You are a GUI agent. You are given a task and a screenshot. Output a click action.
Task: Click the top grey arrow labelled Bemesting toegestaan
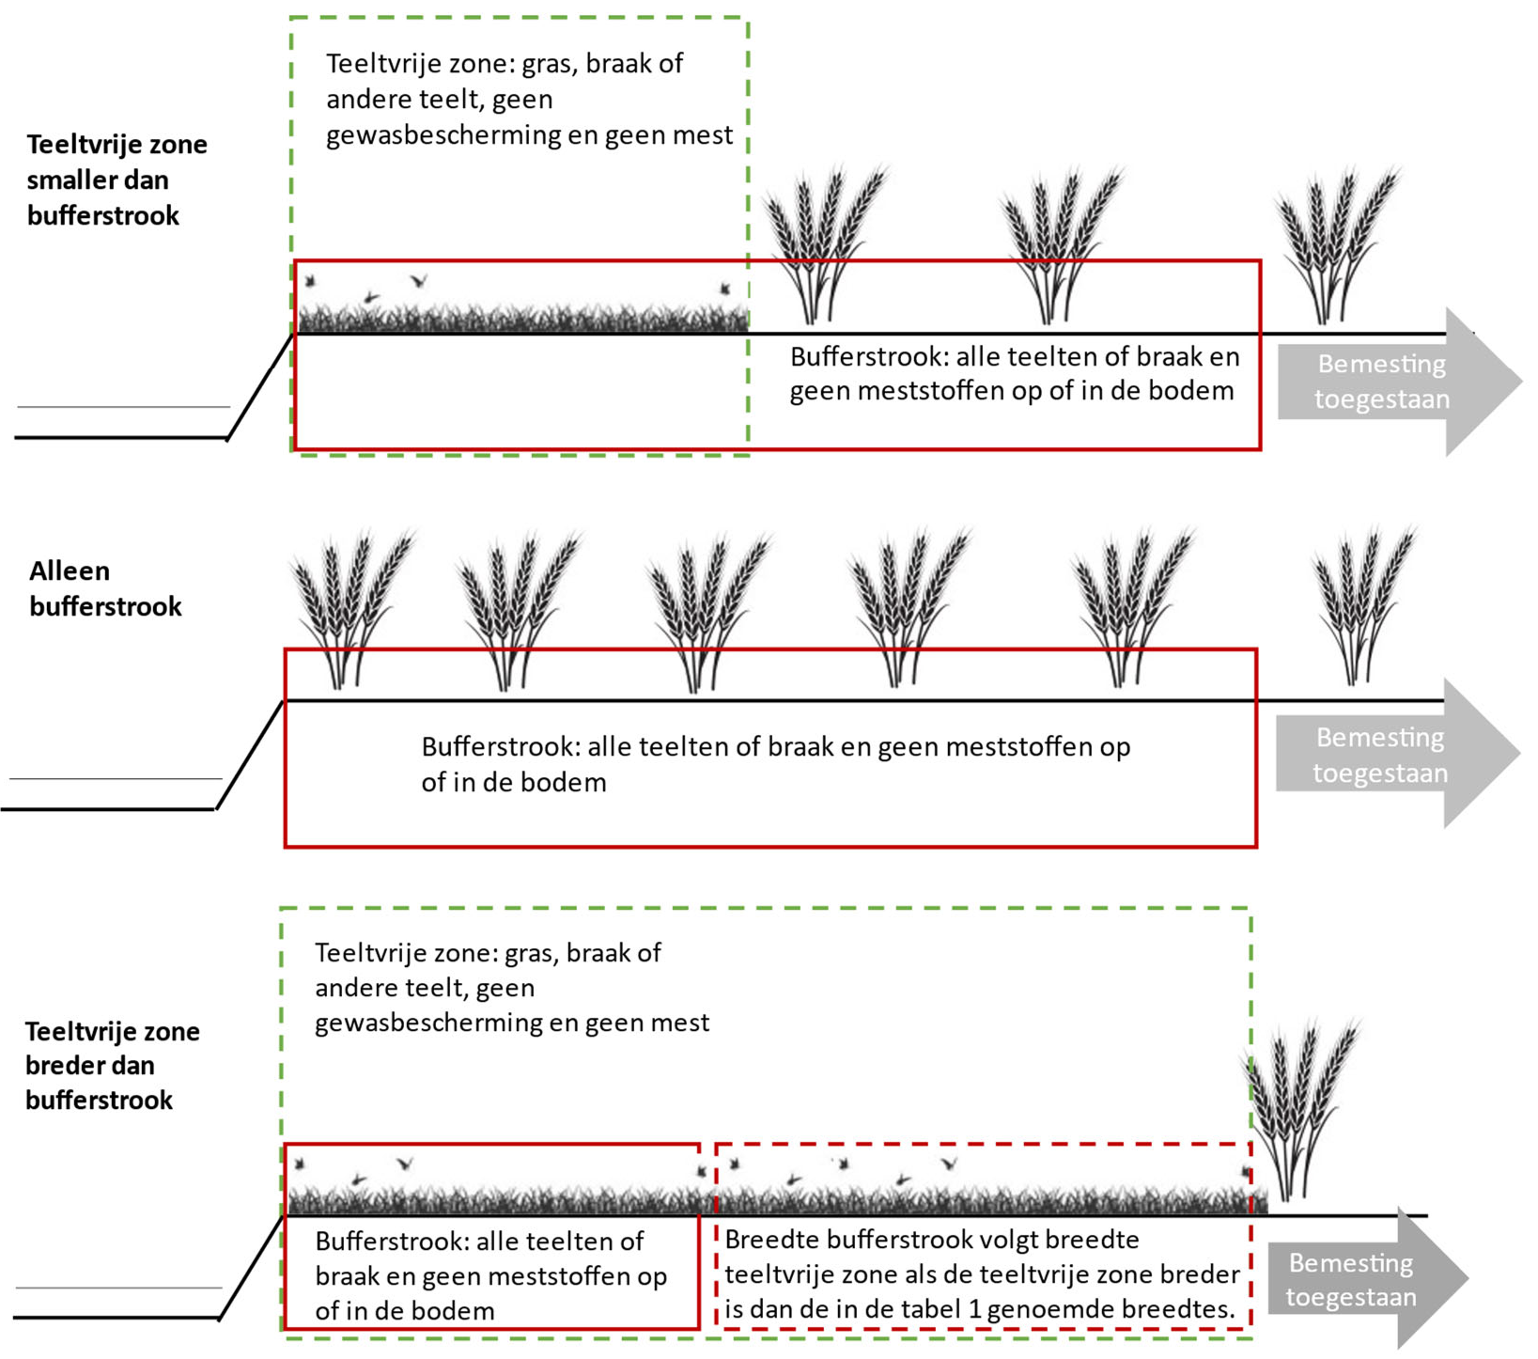[x=1390, y=382]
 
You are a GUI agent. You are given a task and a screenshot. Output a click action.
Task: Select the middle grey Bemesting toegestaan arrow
[x=1389, y=755]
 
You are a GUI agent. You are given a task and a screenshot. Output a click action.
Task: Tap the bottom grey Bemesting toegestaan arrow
[x=1359, y=1279]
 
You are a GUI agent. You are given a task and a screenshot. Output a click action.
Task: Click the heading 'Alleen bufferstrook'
[x=104, y=588]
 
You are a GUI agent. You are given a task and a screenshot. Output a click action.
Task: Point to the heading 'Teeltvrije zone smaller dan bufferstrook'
[x=117, y=180]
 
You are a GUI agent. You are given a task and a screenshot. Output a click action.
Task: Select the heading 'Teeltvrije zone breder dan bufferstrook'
[x=112, y=1065]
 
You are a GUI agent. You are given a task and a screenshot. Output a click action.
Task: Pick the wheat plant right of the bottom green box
[x=1301, y=1109]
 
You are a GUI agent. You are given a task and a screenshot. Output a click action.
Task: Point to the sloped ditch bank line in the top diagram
[x=260, y=385]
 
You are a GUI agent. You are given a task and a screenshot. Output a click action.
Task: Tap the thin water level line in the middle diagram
[x=116, y=778]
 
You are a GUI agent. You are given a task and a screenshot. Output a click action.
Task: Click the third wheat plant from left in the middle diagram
[x=707, y=611]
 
